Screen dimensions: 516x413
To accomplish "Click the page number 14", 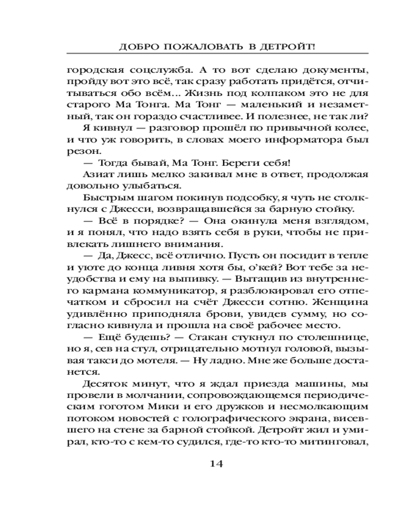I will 216,463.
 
